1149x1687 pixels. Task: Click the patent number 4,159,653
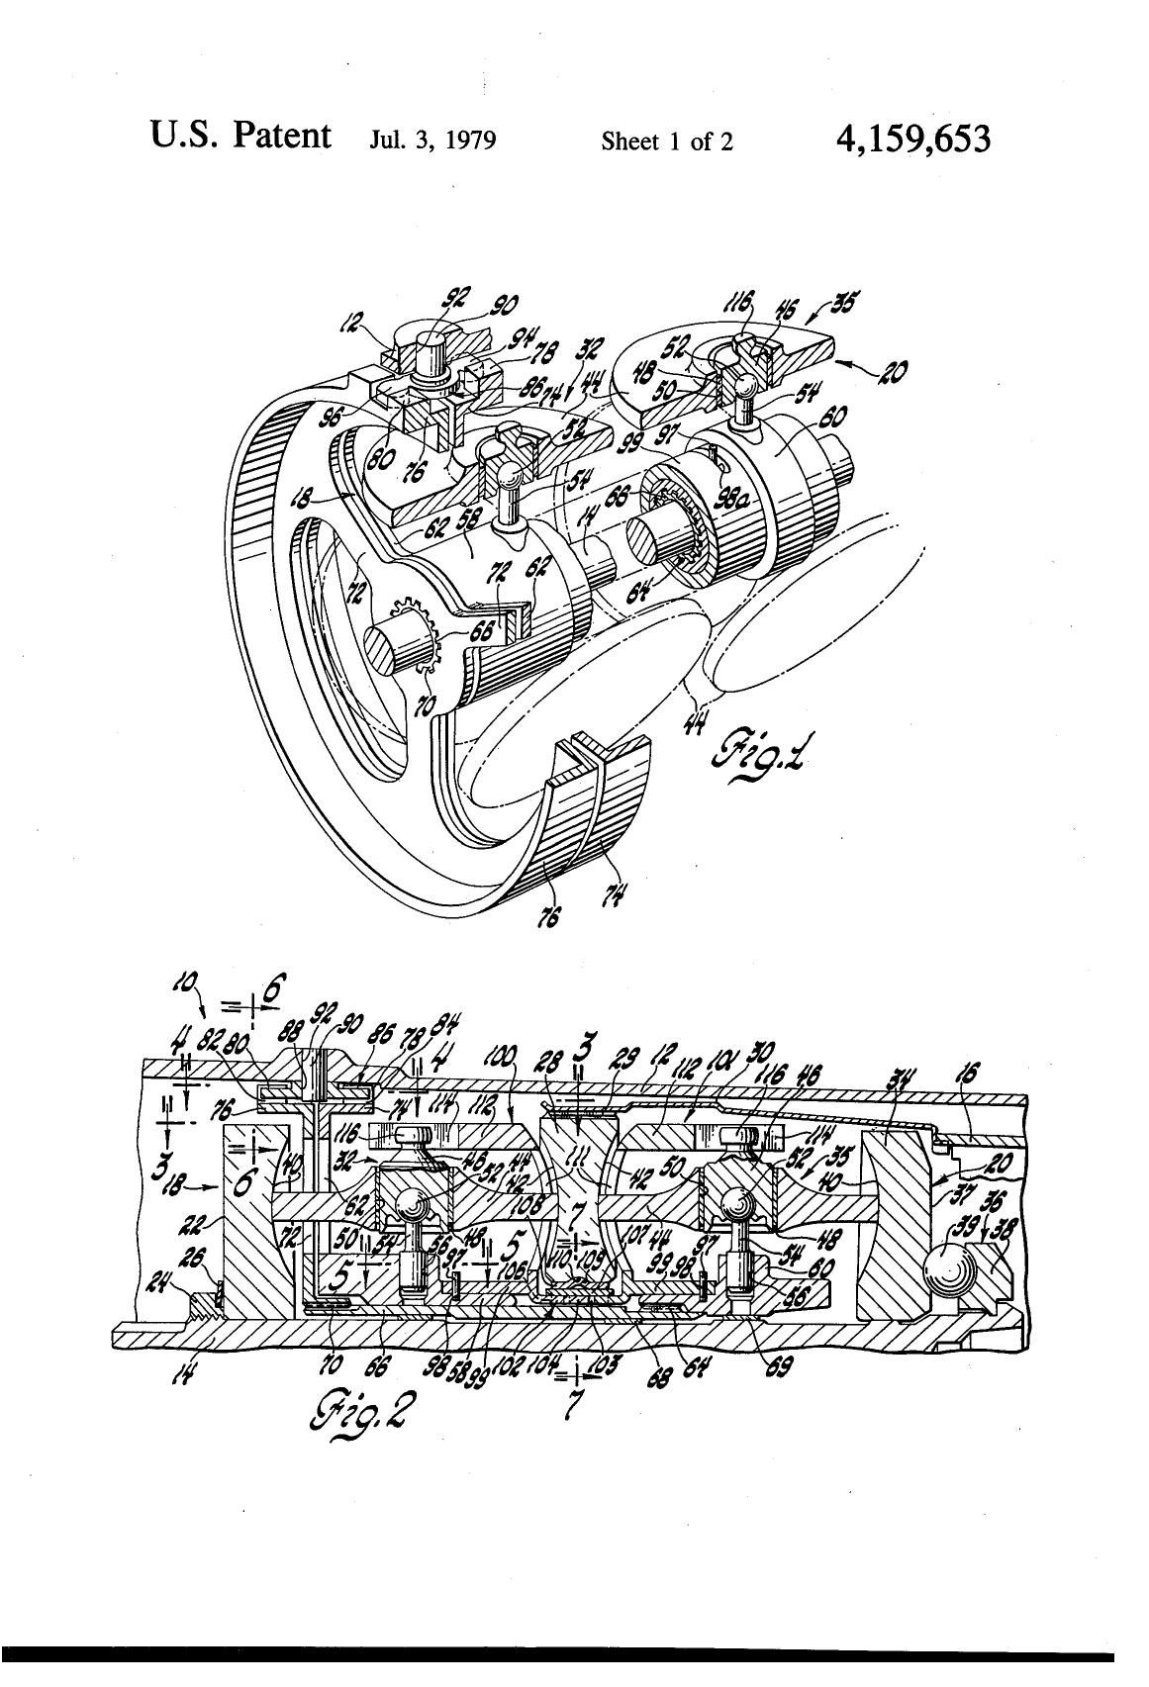[x=912, y=140]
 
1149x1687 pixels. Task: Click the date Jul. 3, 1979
[x=431, y=141]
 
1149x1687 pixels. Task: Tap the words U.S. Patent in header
[x=240, y=135]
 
